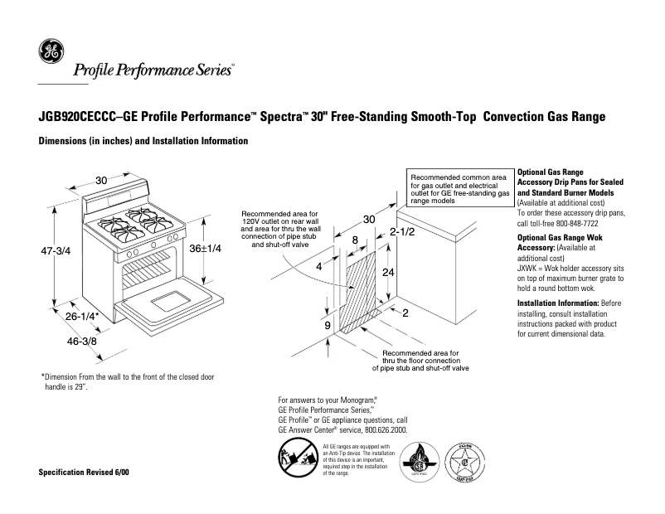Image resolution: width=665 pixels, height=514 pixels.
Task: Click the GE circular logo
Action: (50, 52)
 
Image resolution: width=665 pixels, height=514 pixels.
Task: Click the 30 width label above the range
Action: (101, 180)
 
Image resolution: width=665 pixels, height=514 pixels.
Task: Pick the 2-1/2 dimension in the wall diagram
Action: (402, 233)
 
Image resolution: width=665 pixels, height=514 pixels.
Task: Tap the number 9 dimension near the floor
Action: (328, 325)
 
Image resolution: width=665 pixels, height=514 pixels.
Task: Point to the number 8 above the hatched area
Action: (355, 240)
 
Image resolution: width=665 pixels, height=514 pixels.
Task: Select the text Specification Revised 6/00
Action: (84, 472)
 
